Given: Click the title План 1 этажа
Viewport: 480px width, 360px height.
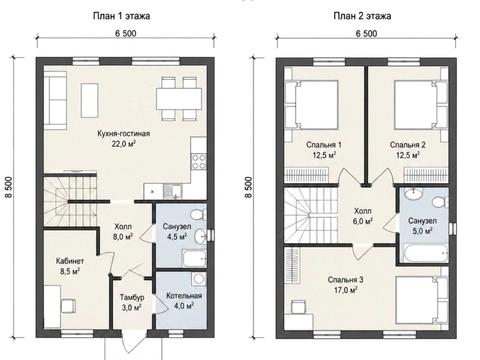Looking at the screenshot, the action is click(121, 16).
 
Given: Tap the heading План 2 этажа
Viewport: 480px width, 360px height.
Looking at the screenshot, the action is click(362, 16).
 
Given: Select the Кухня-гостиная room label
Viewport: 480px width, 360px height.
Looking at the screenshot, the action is click(124, 134).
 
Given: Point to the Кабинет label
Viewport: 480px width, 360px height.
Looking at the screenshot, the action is click(70, 261).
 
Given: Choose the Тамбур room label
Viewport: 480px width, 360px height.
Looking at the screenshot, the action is click(132, 297).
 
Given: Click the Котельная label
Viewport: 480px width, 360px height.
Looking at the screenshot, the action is click(184, 296).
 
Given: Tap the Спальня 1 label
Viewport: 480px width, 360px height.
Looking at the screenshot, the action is click(324, 145).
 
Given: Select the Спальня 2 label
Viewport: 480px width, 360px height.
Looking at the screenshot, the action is click(408, 145).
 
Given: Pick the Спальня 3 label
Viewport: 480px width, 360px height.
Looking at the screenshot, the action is click(345, 280).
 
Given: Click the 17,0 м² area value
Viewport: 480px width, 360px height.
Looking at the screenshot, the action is click(346, 290).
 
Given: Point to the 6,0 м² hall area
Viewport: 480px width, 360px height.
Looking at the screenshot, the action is click(363, 221).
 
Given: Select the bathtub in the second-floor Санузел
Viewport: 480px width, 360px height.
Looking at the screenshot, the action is click(426, 253).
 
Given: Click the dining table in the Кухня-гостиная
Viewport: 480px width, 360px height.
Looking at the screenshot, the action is click(179, 99).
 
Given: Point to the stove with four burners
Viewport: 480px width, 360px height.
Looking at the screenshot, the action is click(199, 161).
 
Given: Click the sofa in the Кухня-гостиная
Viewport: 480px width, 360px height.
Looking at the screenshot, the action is click(55, 101).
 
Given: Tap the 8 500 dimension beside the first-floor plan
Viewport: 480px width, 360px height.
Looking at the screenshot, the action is click(9, 187).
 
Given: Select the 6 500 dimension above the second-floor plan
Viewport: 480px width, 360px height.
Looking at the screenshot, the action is click(366, 34).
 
